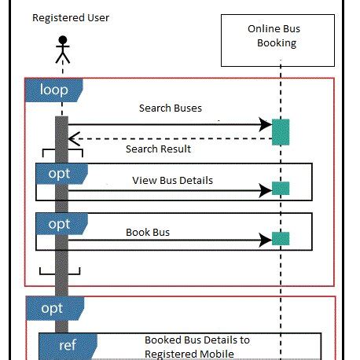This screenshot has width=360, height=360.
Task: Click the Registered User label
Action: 71,17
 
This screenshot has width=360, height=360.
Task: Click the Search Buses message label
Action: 170,108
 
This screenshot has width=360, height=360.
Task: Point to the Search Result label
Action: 158,149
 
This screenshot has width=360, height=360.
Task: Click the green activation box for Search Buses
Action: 281,131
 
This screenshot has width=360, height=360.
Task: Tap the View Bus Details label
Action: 172,180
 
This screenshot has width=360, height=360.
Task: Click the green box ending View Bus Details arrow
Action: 281,189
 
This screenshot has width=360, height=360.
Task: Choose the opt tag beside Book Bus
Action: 60,224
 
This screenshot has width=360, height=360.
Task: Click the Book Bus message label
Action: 148,233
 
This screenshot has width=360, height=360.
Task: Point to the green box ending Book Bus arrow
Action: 281,238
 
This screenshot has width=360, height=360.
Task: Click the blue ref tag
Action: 68,345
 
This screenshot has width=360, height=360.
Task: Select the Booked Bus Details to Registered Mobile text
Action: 197,347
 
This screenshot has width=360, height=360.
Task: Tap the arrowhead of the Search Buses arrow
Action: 266,123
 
